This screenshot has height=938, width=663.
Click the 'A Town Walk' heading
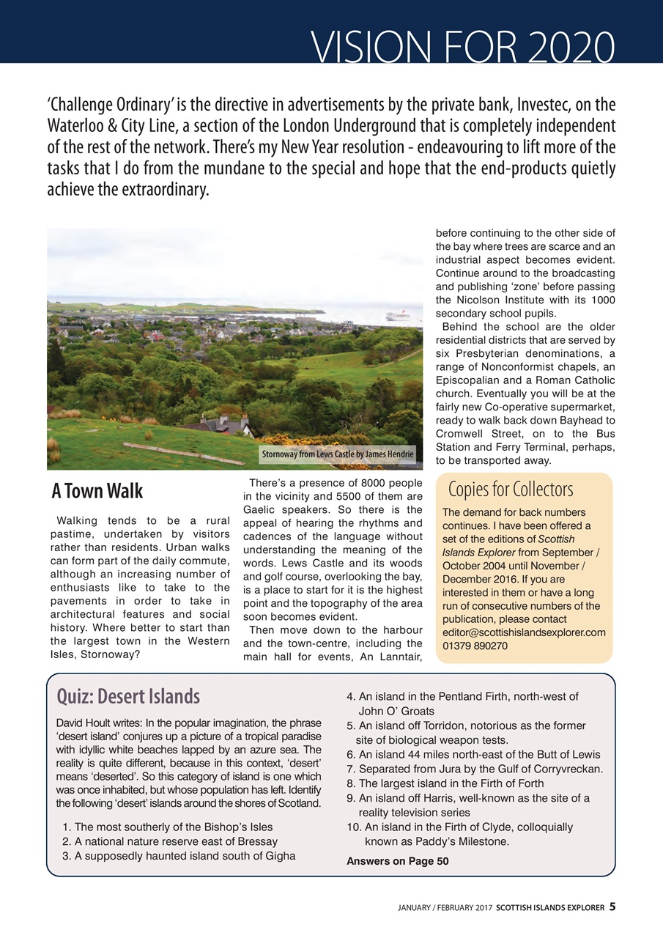click(97, 490)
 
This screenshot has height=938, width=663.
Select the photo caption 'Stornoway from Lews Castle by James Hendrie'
click(338, 455)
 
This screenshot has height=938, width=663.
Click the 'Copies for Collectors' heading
click(511, 489)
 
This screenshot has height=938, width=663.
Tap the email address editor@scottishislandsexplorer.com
click(524, 632)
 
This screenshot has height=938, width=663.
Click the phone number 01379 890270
click(475, 646)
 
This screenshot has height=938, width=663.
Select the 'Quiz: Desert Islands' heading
click(128, 695)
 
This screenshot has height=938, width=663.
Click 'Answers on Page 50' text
click(397, 861)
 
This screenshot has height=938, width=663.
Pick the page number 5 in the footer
click(612, 906)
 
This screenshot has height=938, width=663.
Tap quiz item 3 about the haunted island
click(179, 857)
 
